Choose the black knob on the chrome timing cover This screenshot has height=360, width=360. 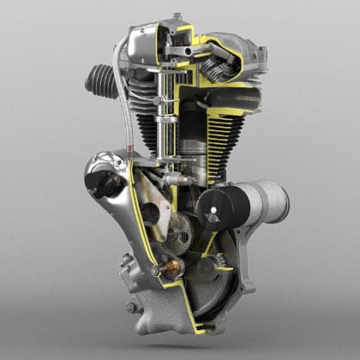[100, 181]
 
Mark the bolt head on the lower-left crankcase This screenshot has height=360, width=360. [131, 306]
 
